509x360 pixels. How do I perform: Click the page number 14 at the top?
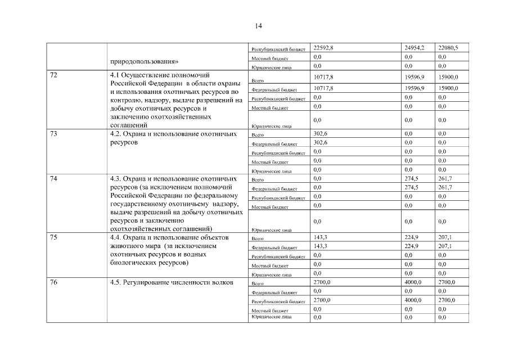pos(258,26)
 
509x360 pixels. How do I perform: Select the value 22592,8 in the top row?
pos(323,48)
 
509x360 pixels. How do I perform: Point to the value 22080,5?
pos(448,48)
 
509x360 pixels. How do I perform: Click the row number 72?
pos(54,75)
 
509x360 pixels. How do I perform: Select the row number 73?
pos(54,134)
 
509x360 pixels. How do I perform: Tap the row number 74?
pos(54,178)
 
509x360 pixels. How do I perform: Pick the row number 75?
pos(54,237)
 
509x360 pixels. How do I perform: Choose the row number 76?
pos(54,282)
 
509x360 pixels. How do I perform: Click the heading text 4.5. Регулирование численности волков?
pos(172,282)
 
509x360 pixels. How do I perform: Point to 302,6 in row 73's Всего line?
pos(321,134)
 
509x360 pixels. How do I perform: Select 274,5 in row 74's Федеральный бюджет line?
pos(412,187)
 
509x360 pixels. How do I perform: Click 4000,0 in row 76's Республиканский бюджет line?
pos(413,300)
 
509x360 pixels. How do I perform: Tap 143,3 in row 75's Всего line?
pos(321,237)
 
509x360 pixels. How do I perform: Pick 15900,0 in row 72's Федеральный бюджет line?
pos(448,88)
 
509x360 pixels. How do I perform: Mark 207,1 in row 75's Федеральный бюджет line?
pos(445,246)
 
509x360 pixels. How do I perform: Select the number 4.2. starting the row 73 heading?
pos(119,134)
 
